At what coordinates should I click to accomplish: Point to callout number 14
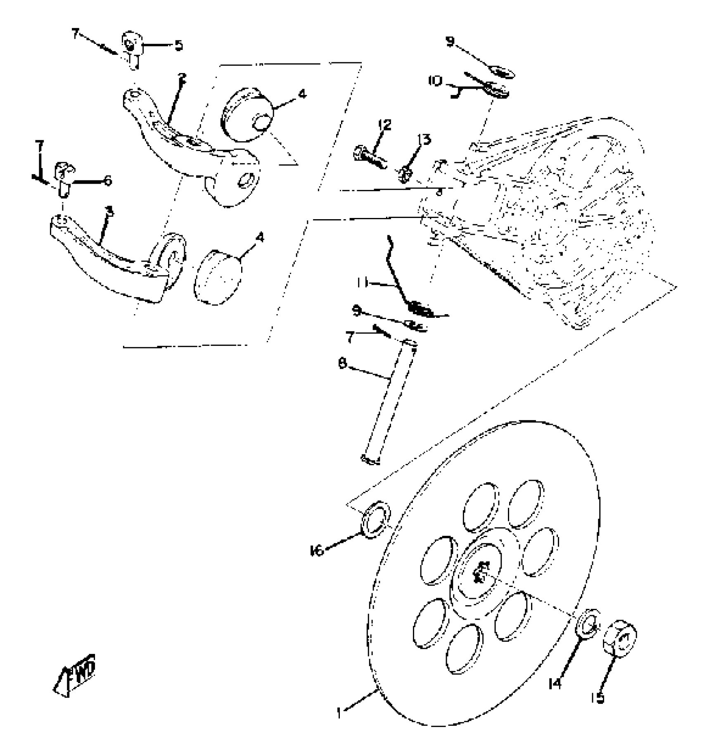click(x=555, y=684)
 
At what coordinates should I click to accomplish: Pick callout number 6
click(x=108, y=180)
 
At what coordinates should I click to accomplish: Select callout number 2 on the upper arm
click(x=182, y=77)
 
